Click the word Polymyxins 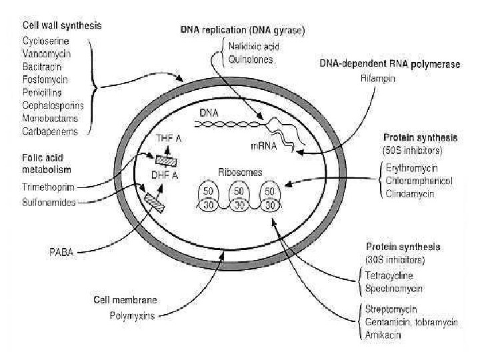[x=132, y=316]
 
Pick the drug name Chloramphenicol [x=418, y=181]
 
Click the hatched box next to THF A [x=163, y=159]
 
